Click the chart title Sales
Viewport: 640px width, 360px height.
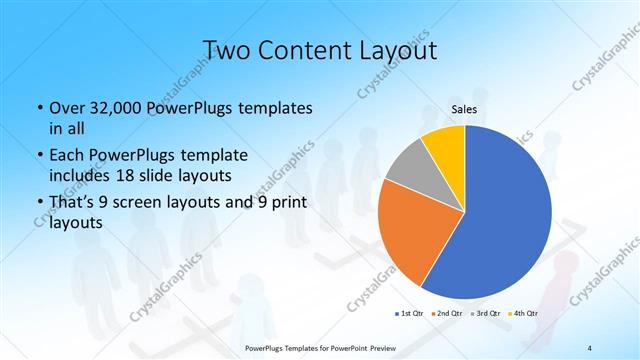pos(464,109)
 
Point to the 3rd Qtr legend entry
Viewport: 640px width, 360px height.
pos(486,314)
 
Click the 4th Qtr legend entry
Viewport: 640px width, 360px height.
pos(522,314)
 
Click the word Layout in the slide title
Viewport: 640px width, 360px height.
pos(394,50)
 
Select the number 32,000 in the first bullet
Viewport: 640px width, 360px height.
pos(112,107)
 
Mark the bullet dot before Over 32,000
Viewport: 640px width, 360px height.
pos(39,108)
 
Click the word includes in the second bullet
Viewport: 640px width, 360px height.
pos(78,176)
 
